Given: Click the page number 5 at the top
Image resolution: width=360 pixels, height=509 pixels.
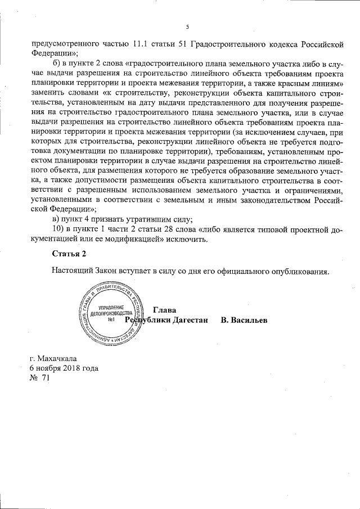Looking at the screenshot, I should pyautogui.click(x=187, y=26).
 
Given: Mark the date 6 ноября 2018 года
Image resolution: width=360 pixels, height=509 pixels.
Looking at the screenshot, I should pyautogui.click(x=64, y=368).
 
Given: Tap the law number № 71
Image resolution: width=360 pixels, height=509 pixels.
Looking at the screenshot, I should pyautogui.click(x=40, y=379).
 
